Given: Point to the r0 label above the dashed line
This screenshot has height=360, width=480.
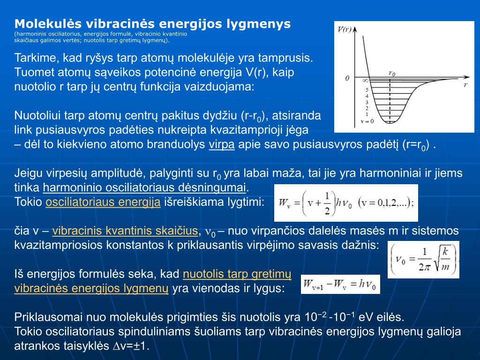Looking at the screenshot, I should coord(392,73).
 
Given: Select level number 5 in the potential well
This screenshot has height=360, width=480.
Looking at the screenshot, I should coord(367,90).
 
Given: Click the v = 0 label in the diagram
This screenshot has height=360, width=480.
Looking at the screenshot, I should coord(367,121).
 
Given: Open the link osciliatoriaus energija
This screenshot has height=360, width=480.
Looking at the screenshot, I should coord(103,202).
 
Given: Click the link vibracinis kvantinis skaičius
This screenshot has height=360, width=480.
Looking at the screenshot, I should coord(125,231).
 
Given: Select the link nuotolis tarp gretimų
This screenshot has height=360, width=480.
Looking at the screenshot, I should coord(237,274).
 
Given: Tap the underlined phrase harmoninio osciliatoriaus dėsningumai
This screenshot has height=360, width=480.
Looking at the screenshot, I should coord(144,188).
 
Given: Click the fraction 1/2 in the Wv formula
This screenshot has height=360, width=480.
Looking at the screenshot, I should coord(327,202).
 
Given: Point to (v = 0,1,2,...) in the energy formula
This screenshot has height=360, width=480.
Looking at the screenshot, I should coord(385,203).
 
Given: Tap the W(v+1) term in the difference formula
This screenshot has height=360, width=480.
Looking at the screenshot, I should coord(315,285).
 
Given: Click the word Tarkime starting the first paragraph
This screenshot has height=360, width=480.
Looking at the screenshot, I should coord(35,59).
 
